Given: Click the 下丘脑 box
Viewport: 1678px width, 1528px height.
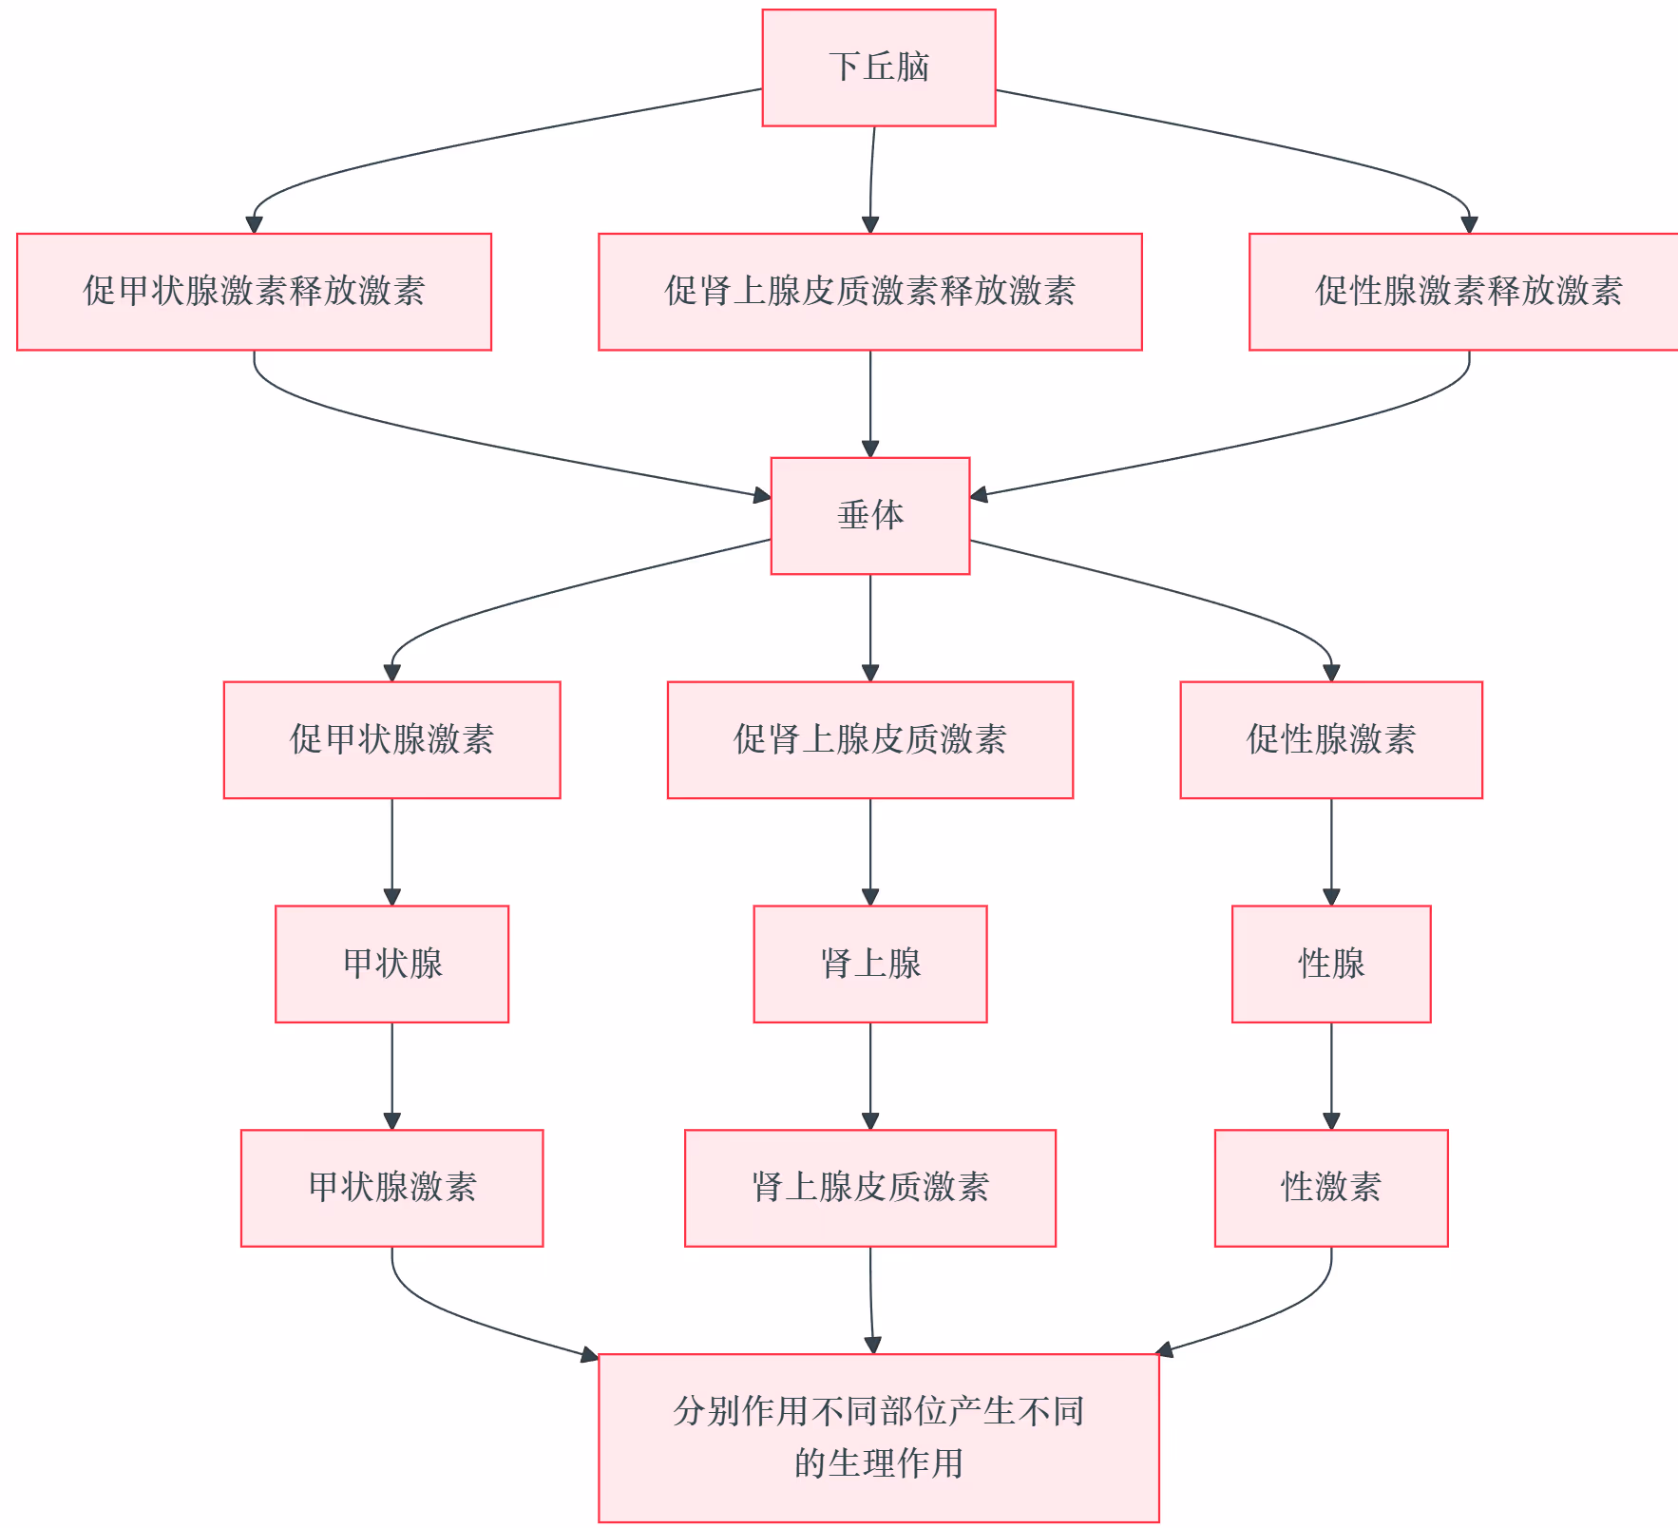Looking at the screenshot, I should point(878,67).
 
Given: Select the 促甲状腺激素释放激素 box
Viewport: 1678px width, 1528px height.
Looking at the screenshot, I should point(254,292).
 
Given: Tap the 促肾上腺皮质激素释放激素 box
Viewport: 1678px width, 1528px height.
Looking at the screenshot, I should point(869,292).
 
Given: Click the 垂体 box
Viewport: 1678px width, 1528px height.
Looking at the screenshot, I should point(869,516).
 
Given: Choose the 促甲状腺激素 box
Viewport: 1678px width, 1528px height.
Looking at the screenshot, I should point(391,740).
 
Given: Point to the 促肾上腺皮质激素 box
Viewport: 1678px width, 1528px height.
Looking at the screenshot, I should point(869,740).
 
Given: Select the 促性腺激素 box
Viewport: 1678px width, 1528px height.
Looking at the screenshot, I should point(1330,740).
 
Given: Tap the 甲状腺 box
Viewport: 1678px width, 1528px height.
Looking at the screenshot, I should point(391,964).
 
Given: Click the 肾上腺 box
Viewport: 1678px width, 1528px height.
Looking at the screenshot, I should point(869,964).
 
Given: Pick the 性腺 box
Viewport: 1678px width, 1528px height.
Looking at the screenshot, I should point(1330,964).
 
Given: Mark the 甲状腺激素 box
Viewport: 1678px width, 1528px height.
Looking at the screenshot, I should point(391,1188).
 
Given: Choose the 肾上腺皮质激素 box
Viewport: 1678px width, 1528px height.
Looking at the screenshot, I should point(869,1188).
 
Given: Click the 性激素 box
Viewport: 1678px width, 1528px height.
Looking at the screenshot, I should point(1330,1188).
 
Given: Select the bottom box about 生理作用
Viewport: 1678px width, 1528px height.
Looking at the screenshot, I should point(878,1437).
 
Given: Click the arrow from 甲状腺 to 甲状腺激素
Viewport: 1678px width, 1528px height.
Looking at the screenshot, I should point(391,1076).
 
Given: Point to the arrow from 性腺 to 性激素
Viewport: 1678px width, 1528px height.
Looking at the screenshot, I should point(1330,1076).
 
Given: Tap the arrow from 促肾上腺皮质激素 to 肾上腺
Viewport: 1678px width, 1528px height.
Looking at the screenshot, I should point(869,851).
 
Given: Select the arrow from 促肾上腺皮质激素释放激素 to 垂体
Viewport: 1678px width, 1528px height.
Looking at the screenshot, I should point(869,404).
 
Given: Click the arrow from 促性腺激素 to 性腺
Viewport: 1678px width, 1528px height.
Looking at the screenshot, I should point(1330,851).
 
